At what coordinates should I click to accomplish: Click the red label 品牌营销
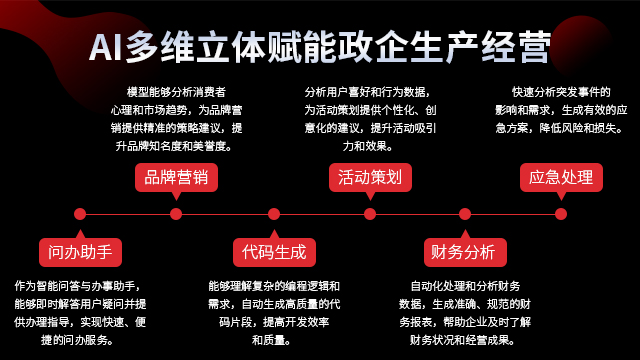pyautogui.click(x=176, y=178)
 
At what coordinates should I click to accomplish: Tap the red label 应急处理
pyautogui.click(x=561, y=178)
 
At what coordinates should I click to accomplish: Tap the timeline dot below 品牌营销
pyautogui.click(x=176, y=213)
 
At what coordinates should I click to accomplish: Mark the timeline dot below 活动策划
pyautogui.click(x=369, y=213)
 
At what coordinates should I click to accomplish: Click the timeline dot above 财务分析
pyautogui.click(x=464, y=213)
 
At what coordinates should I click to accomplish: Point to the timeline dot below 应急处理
pyautogui.click(x=561, y=213)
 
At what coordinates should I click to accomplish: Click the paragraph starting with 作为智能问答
pyautogui.click(x=80, y=312)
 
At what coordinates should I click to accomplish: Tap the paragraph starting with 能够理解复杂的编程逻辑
pyautogui.click(x=273, y=312)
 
